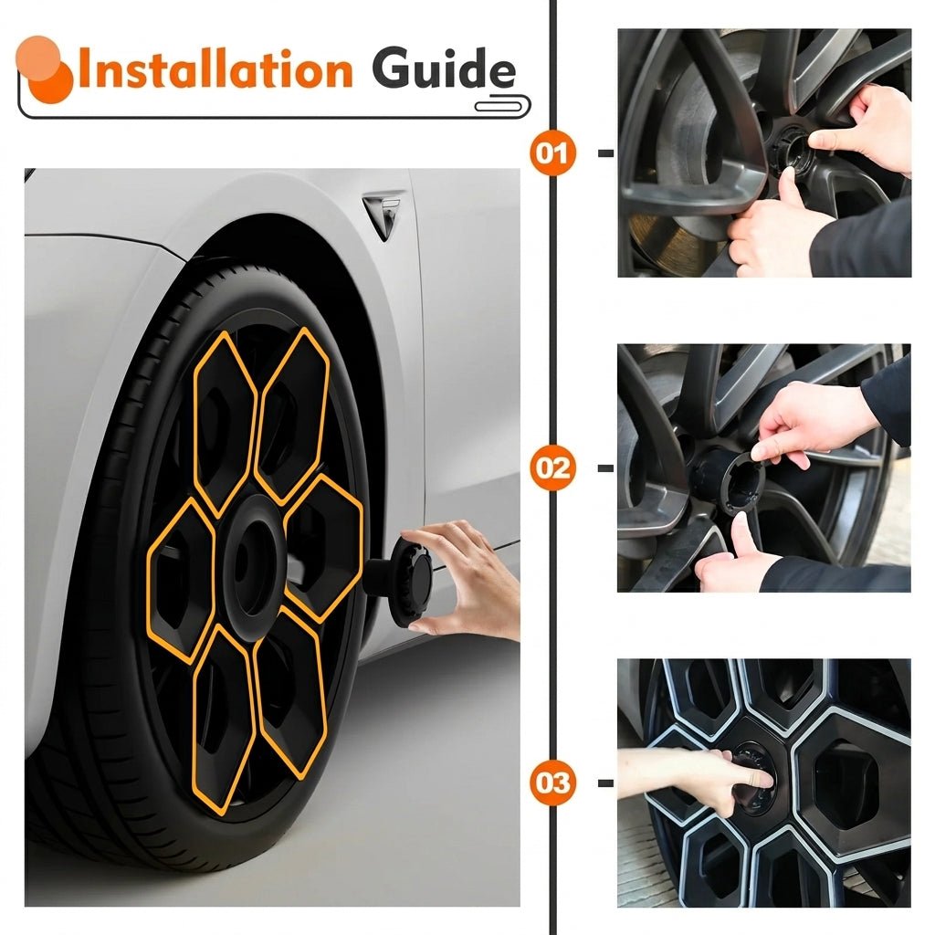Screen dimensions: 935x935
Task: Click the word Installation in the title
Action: [215, 68]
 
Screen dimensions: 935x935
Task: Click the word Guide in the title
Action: [444, 68]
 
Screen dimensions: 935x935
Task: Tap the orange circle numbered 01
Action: [552, 153]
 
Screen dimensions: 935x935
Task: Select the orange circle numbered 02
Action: [552, 467]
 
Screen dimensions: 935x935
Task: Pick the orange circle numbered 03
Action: [552, 783]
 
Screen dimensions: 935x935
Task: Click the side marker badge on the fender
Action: [383, 215]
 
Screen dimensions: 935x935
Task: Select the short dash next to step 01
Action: [606, 153]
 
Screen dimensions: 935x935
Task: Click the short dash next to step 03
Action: [606, 783]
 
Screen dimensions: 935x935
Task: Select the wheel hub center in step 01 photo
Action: [793, 149]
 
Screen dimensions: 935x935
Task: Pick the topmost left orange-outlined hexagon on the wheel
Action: [225, 424]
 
